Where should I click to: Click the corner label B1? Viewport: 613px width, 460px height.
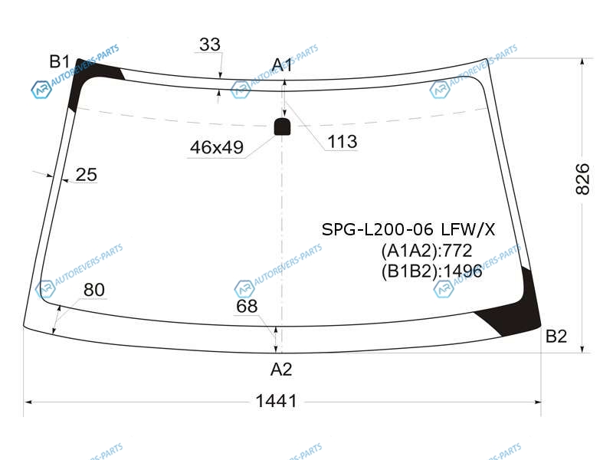coord(60,62)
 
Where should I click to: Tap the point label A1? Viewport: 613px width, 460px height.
coord(282,65)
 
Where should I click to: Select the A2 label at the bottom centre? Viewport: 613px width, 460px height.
coord(281,370)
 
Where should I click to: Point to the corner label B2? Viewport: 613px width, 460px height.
coord(556,337)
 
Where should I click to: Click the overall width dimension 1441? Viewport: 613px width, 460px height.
coord(277,401)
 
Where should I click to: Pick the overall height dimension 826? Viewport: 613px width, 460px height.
coord(582,179)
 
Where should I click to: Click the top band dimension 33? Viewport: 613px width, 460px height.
coord(210,44)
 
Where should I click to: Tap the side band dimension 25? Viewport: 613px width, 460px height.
coord(87,175)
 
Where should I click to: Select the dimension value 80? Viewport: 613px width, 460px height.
coord(94,290)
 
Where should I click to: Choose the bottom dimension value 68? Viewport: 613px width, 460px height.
coord(247,306)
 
